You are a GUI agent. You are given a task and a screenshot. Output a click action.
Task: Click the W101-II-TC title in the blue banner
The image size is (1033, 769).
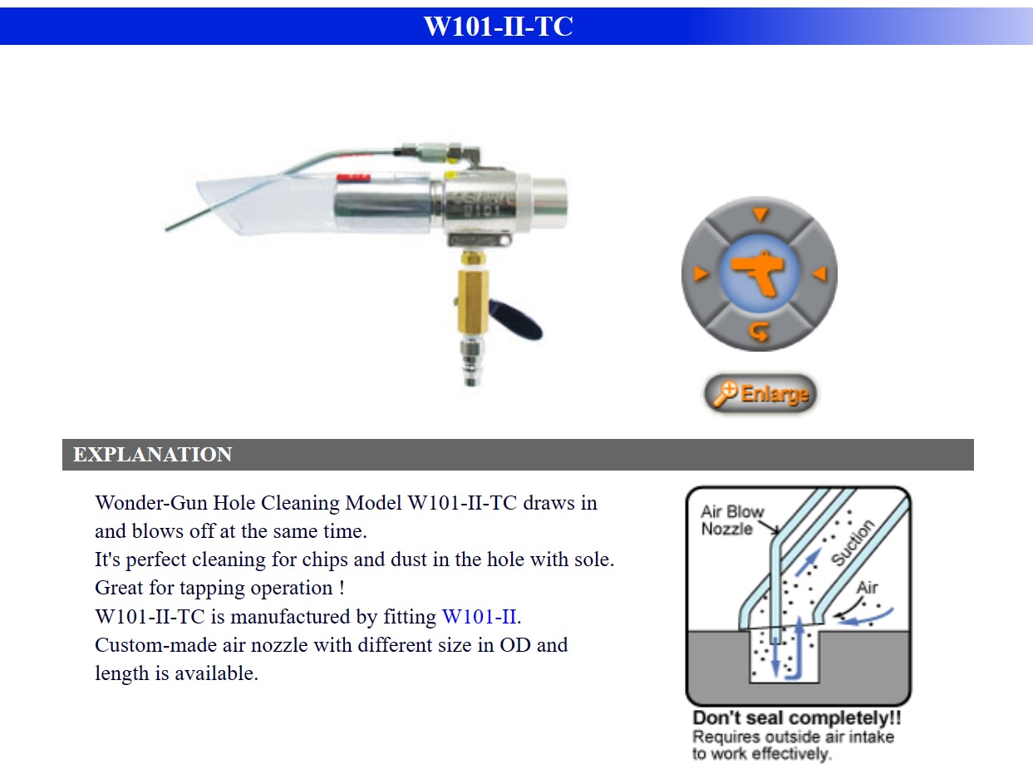point(498,26)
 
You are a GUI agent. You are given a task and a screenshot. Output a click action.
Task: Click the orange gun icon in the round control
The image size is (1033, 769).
point(758,274)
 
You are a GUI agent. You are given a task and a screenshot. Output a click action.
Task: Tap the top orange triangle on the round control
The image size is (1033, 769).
point(760,214)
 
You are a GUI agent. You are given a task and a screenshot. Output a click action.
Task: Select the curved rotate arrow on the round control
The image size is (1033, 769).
point(759,332)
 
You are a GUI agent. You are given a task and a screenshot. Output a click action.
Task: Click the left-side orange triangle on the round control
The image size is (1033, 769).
point(701,274)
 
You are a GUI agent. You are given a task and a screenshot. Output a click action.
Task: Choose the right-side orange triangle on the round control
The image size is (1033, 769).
point(819,274)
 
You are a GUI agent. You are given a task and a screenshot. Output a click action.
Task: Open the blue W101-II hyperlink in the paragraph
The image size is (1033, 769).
point(480,617)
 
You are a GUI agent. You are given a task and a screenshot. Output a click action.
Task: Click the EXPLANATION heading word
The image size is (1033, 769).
point(152,455)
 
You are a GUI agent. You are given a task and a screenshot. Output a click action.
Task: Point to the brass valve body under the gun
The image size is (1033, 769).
point(473,301)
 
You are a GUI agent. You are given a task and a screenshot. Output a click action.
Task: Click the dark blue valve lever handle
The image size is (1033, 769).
point(515,320)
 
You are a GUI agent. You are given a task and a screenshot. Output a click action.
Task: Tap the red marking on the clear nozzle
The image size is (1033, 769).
point(353,178)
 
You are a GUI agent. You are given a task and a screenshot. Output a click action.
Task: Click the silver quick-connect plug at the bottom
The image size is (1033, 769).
point(472,362)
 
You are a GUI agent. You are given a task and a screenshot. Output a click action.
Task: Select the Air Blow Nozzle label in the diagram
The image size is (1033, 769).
point(732,520)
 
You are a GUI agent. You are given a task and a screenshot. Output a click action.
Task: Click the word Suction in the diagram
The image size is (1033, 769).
point(853,543)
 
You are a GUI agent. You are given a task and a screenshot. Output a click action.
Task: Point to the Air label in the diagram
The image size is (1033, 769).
point(867,587)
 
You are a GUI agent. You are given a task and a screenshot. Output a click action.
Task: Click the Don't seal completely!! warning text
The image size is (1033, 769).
point(797,717)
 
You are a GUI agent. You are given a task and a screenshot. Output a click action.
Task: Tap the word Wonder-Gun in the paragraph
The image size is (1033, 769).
point(151,503)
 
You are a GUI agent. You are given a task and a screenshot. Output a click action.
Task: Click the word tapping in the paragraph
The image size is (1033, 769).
point(212,588)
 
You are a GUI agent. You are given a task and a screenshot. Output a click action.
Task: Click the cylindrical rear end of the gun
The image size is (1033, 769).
point(549,203)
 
